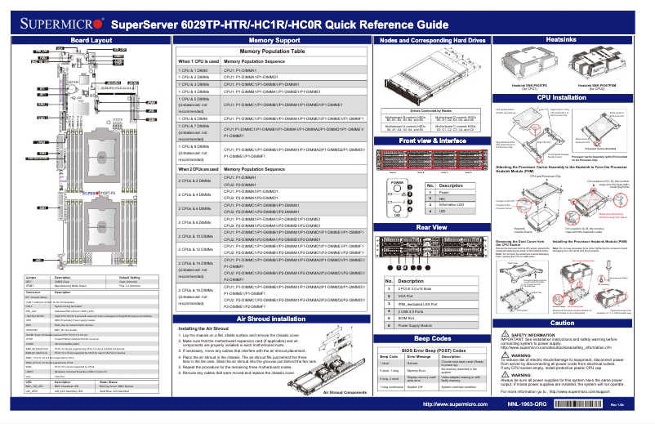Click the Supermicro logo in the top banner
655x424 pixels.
coord(56,25)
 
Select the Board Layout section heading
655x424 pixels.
coord(91,39)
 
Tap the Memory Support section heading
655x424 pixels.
coord(273,39)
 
